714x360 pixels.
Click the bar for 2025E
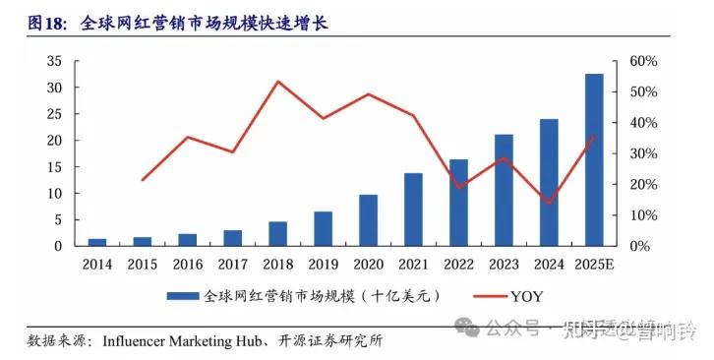(594, 159)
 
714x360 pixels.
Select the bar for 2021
(413, 210)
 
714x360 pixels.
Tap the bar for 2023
(504, 190)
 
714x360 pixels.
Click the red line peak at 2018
(277, 82)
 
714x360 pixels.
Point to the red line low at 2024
(549, 203)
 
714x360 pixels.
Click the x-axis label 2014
(96, 266)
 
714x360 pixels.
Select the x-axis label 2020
(368, 266)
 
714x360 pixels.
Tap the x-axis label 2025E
(594, 266)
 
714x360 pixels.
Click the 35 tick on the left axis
(55, 61)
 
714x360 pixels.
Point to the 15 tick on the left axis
(55, 166)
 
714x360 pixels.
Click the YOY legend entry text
(526, 295)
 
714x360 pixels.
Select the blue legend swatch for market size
(182, 295)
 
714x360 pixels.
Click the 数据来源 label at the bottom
(55, 341)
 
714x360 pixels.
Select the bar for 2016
(187, 239)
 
